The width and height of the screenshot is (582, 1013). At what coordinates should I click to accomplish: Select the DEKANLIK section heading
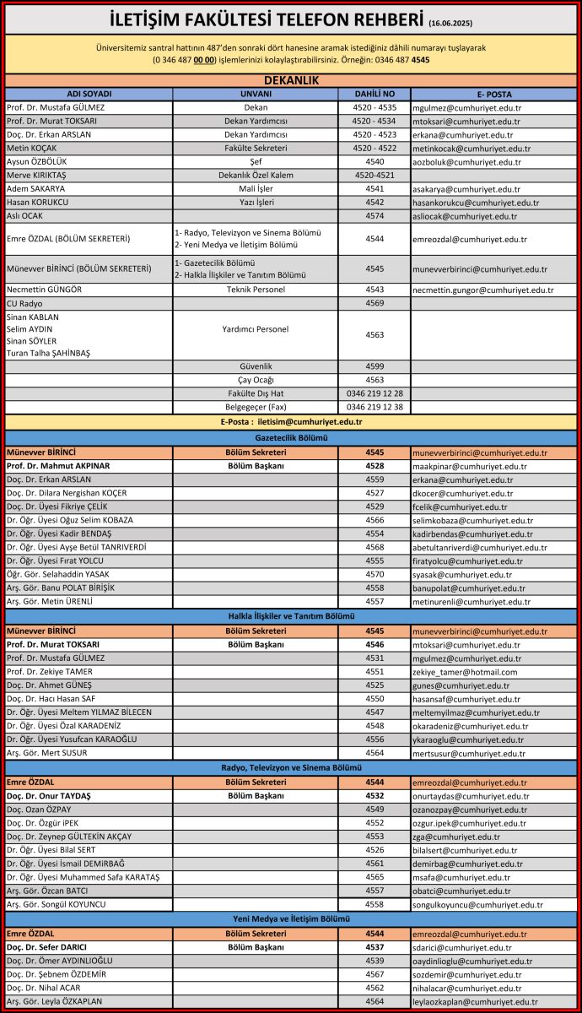pyautogui.click(x=290, y=79)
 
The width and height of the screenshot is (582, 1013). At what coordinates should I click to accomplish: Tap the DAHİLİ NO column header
pyautogui.click(x=375, y=93)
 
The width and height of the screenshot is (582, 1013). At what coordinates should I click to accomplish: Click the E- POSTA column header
pyautogui.click(x=493, y=93)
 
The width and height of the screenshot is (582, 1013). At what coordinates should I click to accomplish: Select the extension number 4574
pyautogui.click(x=375, y=216)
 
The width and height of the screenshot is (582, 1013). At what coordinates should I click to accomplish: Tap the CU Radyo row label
pyautogui.click(x=24, y=303)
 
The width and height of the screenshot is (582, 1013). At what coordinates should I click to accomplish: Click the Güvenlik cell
pyautogui.click(x=256, y=366)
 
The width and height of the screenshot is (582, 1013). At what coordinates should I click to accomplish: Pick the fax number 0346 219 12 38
pyautogui.click(x=375, y=407)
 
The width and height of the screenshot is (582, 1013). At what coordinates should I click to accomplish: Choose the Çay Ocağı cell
pyautogui.click(x=256, y=380)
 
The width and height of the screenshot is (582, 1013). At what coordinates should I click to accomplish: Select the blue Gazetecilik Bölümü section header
pyautogui.click(x=290, y=438)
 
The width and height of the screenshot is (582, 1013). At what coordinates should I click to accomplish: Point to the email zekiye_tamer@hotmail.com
pyautogui.click(x=465, y=672)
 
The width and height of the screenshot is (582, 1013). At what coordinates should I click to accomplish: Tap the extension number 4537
pyautogui.click(x=375, y=947)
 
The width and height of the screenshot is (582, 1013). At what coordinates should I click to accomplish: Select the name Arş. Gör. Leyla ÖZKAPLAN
pyautogui.click(x=54, y=1001)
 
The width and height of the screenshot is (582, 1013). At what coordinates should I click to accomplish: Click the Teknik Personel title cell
pyautogui.click(x=256, y=290)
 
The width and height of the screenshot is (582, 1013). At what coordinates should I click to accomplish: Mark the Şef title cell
pyautogui.click(x=256, y=161)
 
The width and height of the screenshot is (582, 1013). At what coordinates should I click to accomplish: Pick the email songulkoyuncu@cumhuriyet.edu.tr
pyautogui.click(x=477, y=904)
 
